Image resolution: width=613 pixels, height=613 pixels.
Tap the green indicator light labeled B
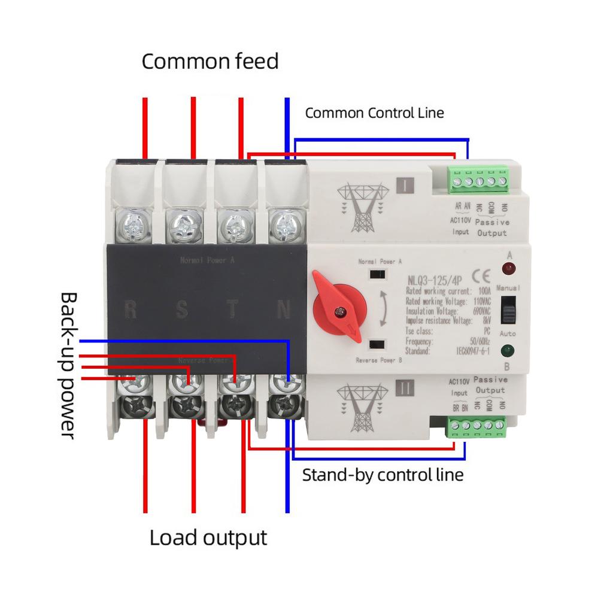pyautogui.click(x=508, y=351)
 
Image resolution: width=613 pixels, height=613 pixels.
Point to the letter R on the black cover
pyautogui.click(x=131, y=309)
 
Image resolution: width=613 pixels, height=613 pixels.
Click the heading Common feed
pyautogui.click(x=210, y=61)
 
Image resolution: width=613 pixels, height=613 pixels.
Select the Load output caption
pyautogui.click(x=208, y=537)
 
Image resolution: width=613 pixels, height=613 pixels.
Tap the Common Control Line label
pyautogui.click(x=375, y=113)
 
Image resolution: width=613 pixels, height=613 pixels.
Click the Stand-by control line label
pyautogui.click(x=383, y=475)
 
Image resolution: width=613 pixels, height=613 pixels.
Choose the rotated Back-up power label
pyautogui.click(x=69, y=365)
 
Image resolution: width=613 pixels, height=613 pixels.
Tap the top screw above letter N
pyautogui.click(x=283, y=225)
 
